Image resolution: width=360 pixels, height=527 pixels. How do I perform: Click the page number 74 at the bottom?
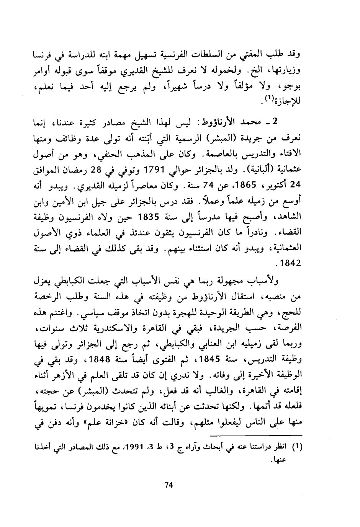[x=169, y=485]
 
